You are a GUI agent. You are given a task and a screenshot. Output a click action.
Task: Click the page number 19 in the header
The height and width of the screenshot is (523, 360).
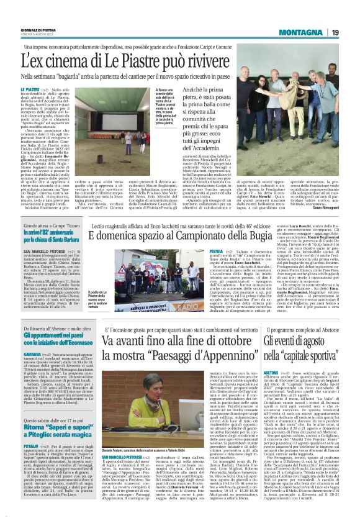point(334,32)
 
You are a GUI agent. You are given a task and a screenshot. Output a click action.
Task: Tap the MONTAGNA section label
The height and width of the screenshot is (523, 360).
point(298,32)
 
